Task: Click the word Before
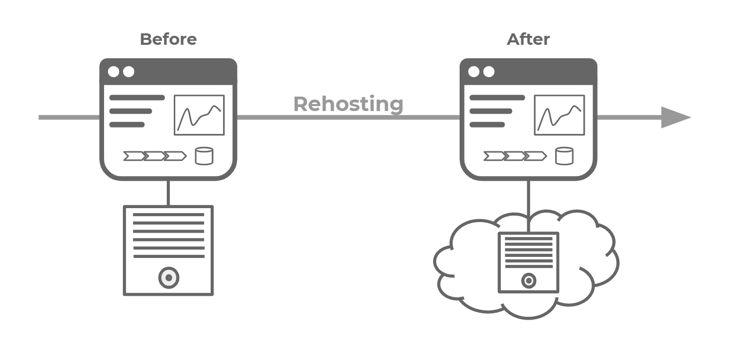click(168, 39)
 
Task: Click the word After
click(528, 39)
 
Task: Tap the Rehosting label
click(348, 104)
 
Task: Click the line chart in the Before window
click(199, 115)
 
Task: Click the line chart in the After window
click(559, 115)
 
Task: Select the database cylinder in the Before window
click(204, 156)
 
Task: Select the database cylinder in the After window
click(564, 156)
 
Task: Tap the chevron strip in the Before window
click(155, 156)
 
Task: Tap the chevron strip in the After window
click(515, 156)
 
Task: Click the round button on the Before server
click(169, 277)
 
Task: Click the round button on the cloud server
click(528, 281)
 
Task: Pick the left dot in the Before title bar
click(114, 72)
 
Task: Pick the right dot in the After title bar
click(489, 72)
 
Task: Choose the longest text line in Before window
click(137, 98)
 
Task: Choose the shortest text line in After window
click(487, 124)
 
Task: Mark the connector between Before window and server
click(168, 193)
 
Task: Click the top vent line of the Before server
click(169, 215)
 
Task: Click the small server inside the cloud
click(529, 262)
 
